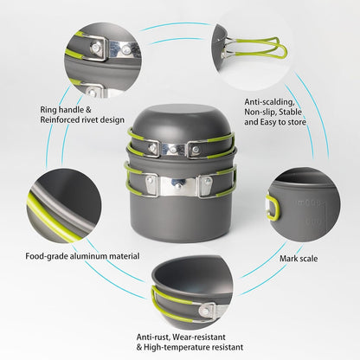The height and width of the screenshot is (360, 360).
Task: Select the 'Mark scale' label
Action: [298, 258]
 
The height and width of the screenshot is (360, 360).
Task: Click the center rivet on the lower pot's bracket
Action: [179, 183]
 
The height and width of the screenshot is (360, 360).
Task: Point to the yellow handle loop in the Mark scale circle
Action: [273, 209]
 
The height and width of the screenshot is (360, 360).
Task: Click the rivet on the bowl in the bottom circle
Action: [206, 309]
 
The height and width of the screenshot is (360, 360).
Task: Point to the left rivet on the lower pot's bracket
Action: [152, 182]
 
